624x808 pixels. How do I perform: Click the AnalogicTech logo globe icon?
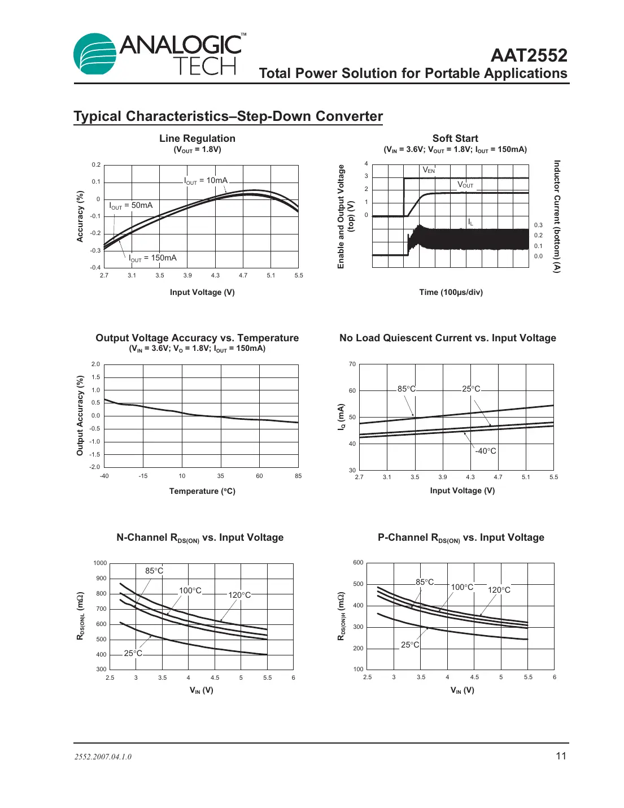point(95,54)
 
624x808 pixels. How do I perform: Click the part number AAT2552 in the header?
point(529,55)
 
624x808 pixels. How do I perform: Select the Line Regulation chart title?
point(197,138)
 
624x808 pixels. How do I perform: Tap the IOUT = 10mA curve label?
point(206,181)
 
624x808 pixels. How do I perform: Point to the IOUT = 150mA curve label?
point(152,258)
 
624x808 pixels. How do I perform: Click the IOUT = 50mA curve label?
point(131,206)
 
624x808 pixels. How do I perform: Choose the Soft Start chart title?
point(455,138)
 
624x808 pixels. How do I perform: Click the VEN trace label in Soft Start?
point(429,170)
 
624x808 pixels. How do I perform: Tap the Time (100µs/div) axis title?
point(451,292)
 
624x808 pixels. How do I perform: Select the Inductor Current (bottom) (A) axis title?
point(557,216)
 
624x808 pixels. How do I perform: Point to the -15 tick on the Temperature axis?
point(143,476)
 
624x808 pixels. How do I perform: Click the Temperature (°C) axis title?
point(202,491)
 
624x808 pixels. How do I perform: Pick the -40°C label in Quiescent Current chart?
point(485,451)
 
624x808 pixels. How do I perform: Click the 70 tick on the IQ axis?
point(352,364)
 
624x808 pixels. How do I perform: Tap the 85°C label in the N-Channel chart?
point(154,571)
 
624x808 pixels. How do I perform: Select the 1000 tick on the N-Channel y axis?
point(100,563)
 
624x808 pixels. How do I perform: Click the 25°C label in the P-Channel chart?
point(410,645)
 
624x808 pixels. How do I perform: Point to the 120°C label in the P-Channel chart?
point(499,590)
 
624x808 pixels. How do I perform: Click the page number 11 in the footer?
point(561,756)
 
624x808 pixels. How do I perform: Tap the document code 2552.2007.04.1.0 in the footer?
point(103,757)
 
